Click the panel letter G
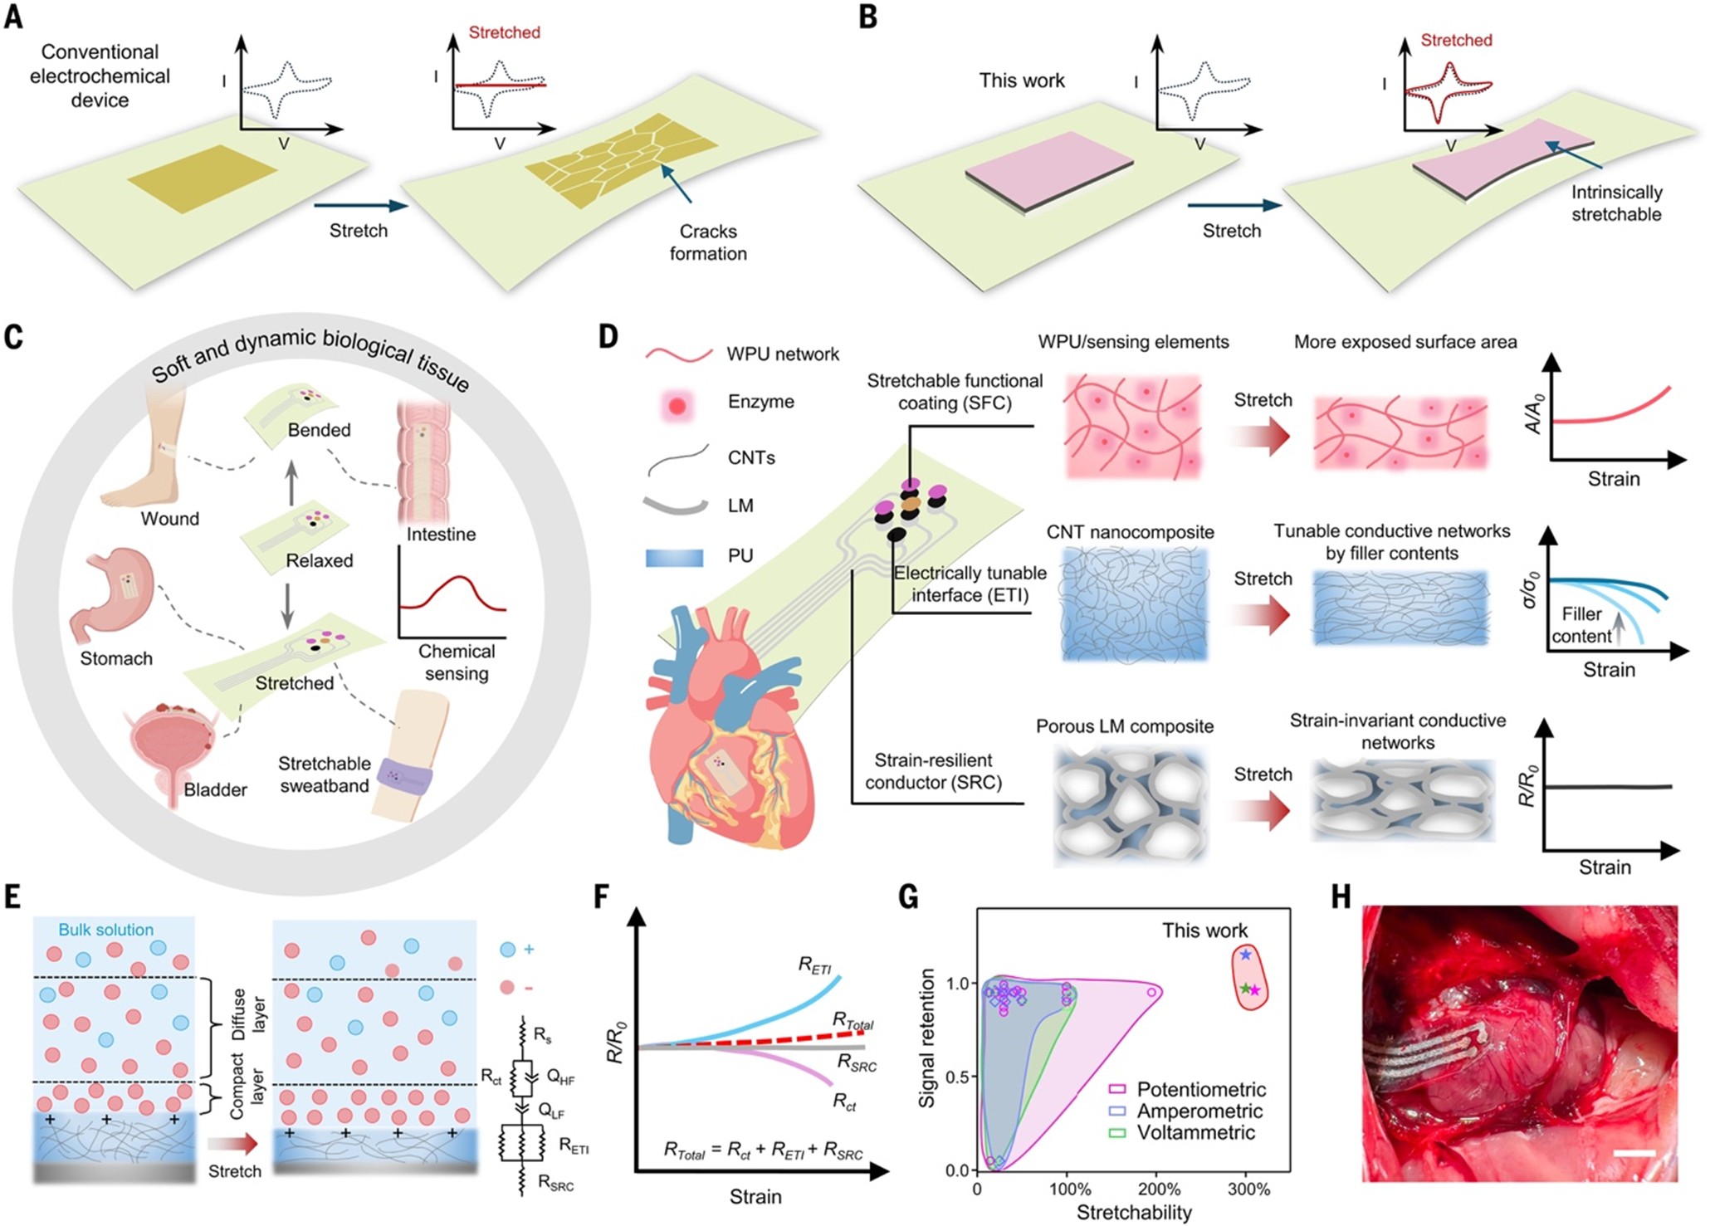point(909,898)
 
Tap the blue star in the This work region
point(1245,955)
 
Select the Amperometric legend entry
point(1186,1111)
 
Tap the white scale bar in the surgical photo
point(1635,1153)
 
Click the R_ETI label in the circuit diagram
point(574,1146)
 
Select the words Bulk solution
point(106,930)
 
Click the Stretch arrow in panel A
point(361,207)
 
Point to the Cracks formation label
point(708,242)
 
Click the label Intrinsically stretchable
point(1616,203)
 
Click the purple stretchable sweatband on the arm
point(404,775)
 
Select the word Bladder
point(215,789)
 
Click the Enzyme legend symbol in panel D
point(677,405)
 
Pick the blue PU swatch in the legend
point(674,557)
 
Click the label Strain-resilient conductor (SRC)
point(933,771)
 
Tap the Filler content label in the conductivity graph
point(1581,625)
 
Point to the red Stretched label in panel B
point(1456,40)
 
